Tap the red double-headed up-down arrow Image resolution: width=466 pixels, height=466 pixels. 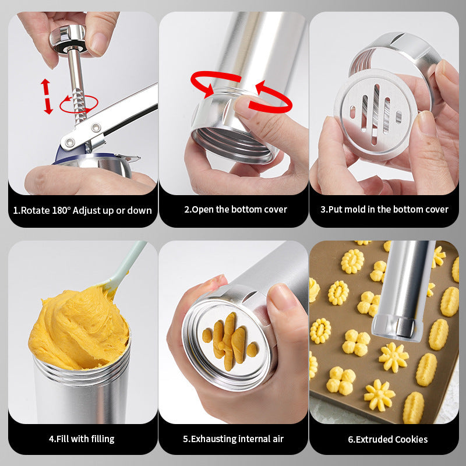[47, 96]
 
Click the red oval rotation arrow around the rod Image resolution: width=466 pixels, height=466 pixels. [79, 104]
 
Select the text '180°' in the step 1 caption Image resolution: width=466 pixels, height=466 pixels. [62, 210]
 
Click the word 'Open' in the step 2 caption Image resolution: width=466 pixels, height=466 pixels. [203, 210]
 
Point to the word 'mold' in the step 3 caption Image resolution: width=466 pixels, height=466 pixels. [355, 210]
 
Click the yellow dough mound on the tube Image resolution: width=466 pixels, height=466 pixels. [79, 329]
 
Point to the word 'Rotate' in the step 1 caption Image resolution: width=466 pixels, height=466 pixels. [36, 210]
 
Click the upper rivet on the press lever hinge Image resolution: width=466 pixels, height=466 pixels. [96, 128]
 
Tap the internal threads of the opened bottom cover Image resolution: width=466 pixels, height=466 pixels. [234, 142]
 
